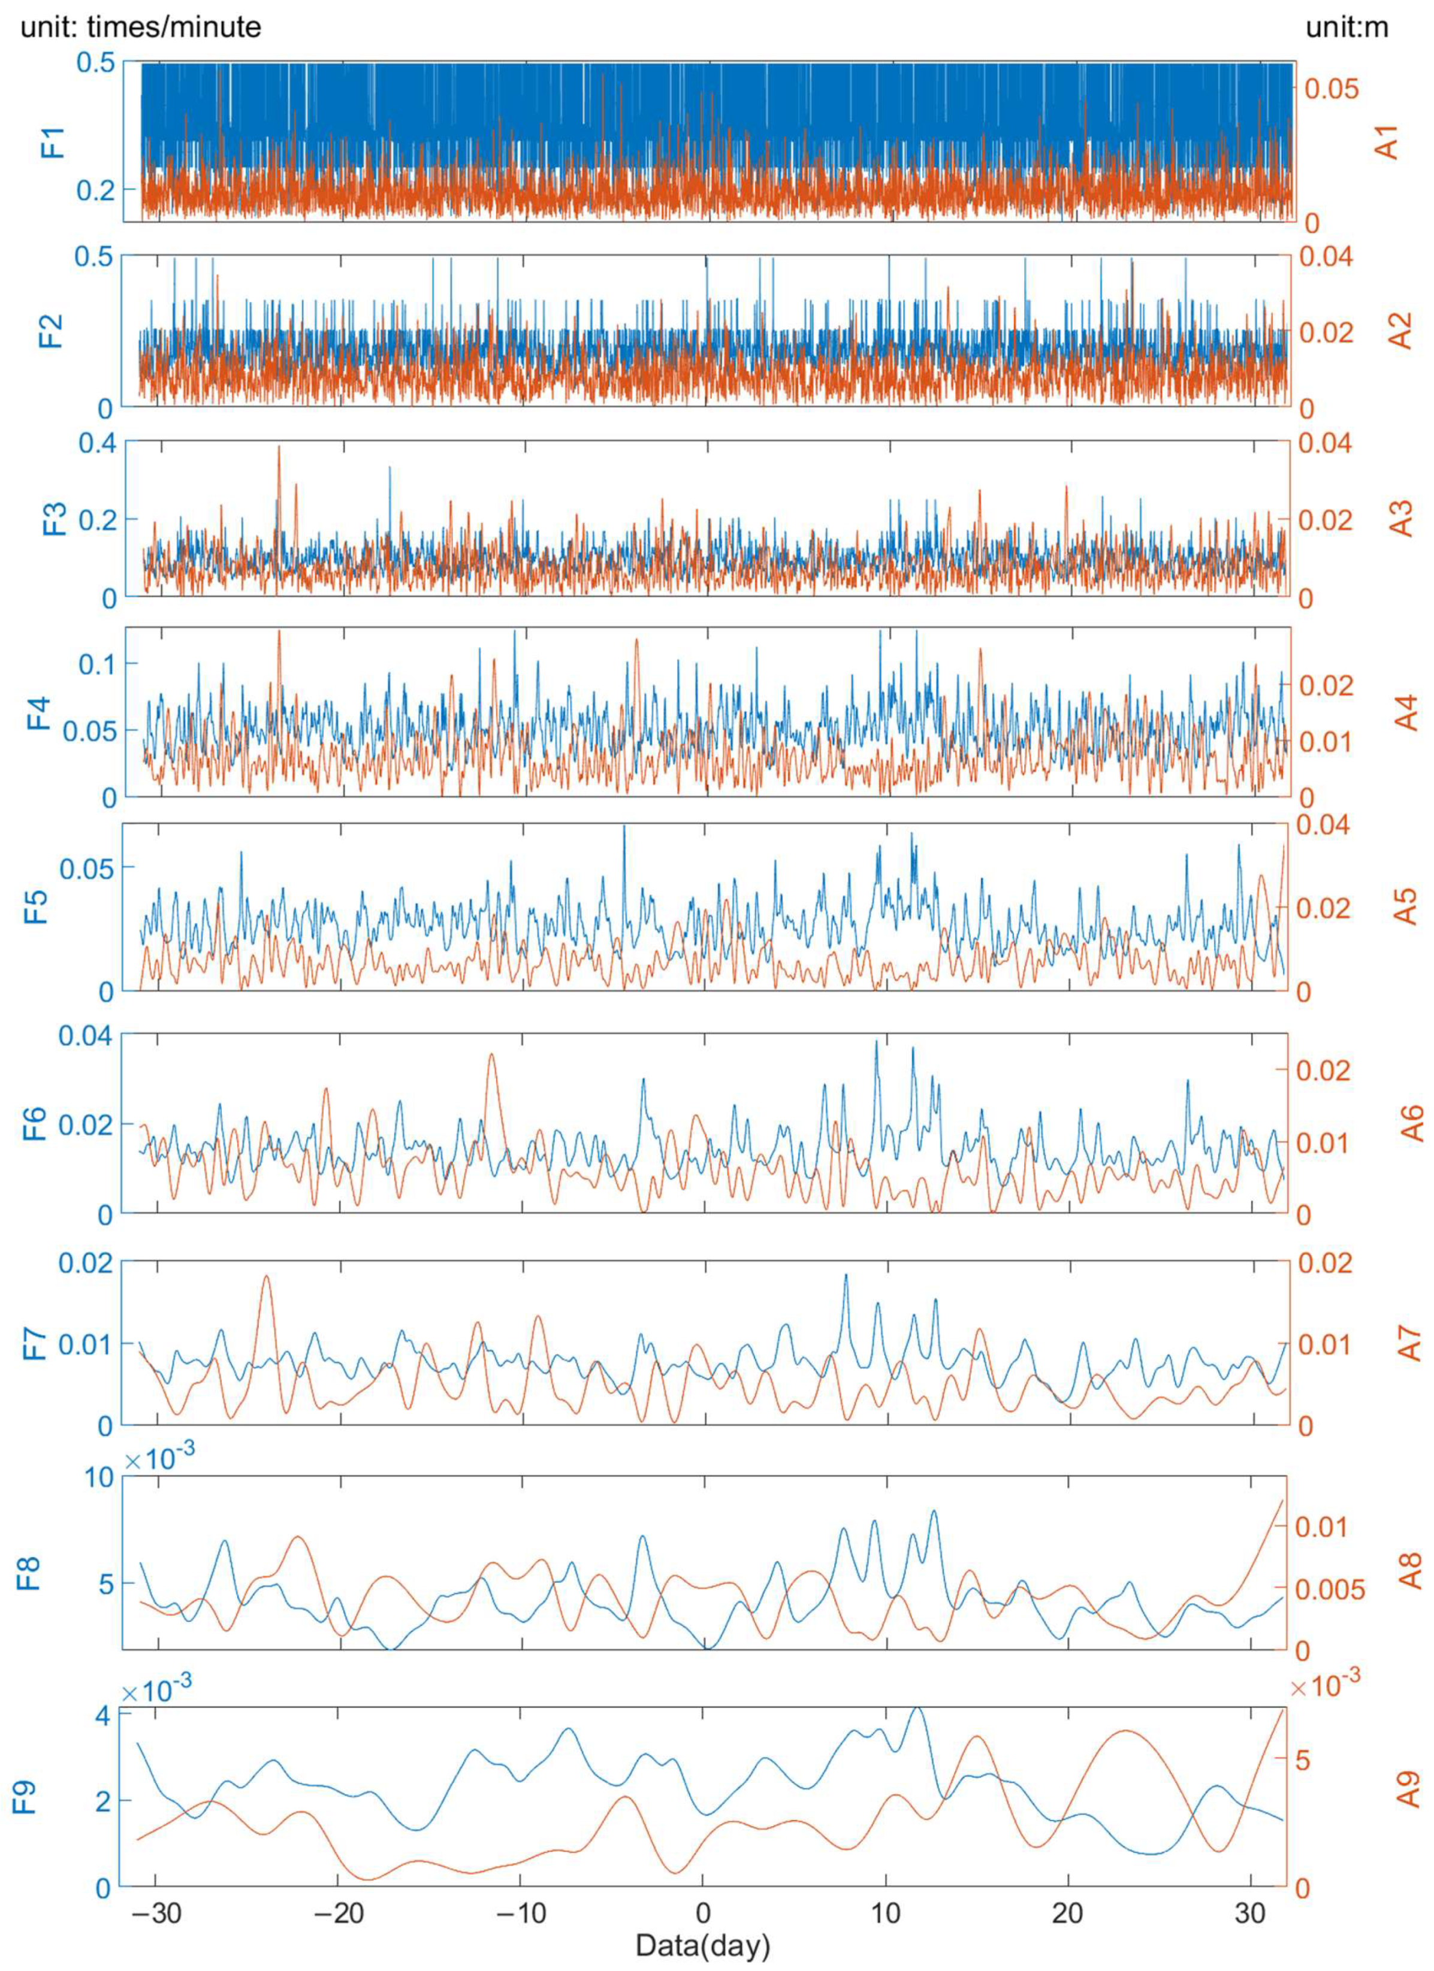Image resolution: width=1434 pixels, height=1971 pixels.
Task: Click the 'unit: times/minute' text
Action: coord(141,27)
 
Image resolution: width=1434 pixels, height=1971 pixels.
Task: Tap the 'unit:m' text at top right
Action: coord(1347,27)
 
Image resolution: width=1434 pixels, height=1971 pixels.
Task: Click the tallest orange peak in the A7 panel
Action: coord(266,1277)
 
